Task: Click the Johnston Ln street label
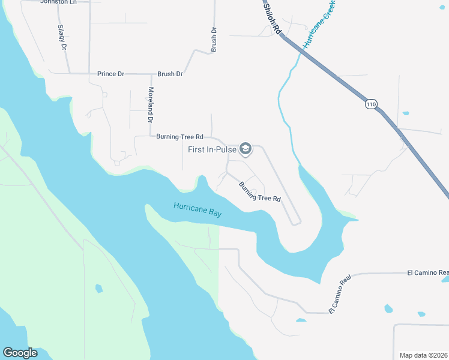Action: (59, 2)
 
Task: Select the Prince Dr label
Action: (110, 74)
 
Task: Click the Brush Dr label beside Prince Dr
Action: (170, 74)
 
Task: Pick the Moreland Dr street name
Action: (151, 105)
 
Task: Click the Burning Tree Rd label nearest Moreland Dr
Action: (179, 137)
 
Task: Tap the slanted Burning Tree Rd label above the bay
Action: (260, 191)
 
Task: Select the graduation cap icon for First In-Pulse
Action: (245, 148)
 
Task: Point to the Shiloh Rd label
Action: (274, 22)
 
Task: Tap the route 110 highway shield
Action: (370, 104)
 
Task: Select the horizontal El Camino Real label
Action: (427, 273)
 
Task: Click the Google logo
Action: (20, 353)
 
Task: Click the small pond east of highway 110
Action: (406, 113)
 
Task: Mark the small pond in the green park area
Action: (98, 289)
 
